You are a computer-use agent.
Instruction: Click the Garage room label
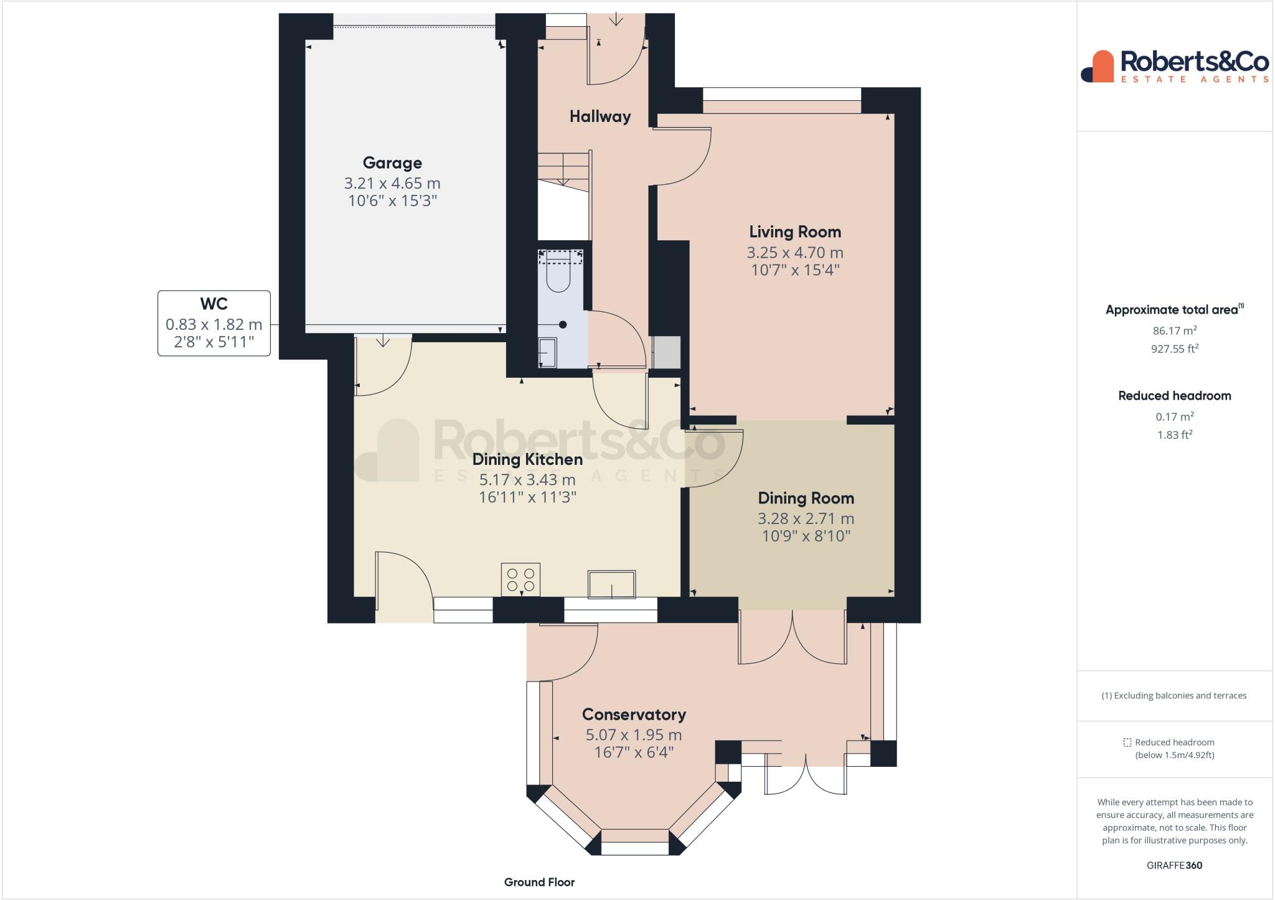(x=392, y=163)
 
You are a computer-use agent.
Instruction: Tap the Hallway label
(x=600, y=116)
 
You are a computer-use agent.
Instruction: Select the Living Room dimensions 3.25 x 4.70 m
(x=795, y=253)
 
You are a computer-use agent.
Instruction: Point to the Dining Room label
(x=806, y=498)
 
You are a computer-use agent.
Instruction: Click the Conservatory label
(x=634, y=715)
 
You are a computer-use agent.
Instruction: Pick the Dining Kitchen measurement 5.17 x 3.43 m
(x=527, y=480)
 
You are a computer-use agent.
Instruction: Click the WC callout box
(x=214, y=323)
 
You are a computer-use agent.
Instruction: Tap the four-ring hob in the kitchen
(x=520, y=579)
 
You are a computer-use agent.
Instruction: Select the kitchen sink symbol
(x=611, y=584)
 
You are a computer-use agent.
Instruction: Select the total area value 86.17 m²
(x=1174, y=331)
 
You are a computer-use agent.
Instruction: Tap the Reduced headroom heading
(x=1174, y=396)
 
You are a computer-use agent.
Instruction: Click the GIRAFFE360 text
(x=1174, y=865)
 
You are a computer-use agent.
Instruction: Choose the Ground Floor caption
(x=539, y=882)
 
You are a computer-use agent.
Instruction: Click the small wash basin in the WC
(x=547, y=352)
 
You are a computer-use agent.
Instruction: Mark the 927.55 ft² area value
(x=1174, y=349)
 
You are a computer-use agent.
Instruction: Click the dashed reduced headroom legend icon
(x=1127, y=743)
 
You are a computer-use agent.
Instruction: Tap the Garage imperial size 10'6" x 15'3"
(x=392, y=201)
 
